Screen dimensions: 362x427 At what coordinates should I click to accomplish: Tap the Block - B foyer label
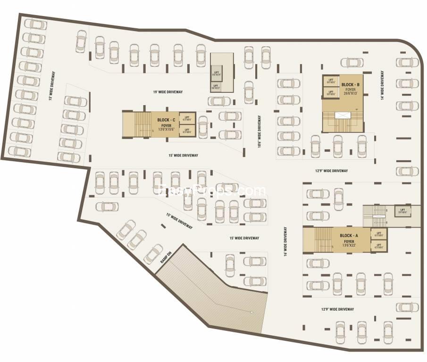click(x=351, y=88)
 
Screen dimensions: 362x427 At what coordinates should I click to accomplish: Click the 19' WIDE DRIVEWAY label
click(x=167, y=91)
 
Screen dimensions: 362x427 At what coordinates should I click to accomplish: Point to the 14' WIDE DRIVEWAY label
click(x=382, y=86)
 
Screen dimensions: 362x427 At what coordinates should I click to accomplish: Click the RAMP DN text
click(x=165, y=257)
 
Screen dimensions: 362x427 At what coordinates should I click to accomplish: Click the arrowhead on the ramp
click(x=251, y=312)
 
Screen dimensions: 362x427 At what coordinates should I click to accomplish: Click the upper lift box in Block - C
click(x=187, y=118)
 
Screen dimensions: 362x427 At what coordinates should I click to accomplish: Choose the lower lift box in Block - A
click(x=378, y=247)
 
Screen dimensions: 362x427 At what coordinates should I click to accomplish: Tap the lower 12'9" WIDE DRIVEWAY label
click(x=337, y=309)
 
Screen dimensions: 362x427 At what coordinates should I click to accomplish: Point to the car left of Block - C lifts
click(x=203, y=126)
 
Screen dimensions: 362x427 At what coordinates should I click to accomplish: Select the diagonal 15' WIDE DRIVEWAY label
click(x=180, y=221)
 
